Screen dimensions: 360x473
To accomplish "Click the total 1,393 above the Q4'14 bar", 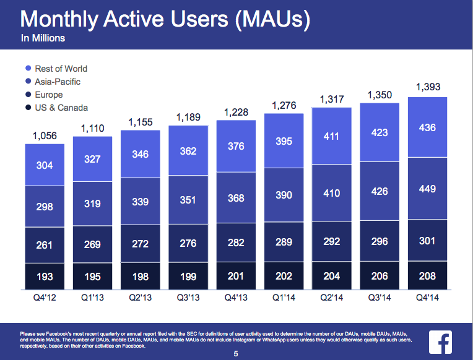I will tap(428, 87).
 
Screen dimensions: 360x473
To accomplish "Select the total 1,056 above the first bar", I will tap(45, 136).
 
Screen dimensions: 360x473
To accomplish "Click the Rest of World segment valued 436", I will tap(428, 127).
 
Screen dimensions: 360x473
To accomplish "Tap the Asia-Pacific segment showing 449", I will tap(428, 189).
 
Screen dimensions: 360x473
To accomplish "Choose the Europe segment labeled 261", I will tap(45, 245).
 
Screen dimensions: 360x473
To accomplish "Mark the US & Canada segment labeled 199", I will tap(188, 276).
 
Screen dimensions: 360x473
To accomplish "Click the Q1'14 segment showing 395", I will tap(284, 142).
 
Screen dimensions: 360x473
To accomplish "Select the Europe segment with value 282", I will tap(236, 241).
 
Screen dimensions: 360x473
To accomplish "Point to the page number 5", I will tap(236, 354).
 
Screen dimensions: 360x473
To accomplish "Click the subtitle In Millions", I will tap(43, 38).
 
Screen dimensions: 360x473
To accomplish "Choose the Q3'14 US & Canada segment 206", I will tap(380, 276).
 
